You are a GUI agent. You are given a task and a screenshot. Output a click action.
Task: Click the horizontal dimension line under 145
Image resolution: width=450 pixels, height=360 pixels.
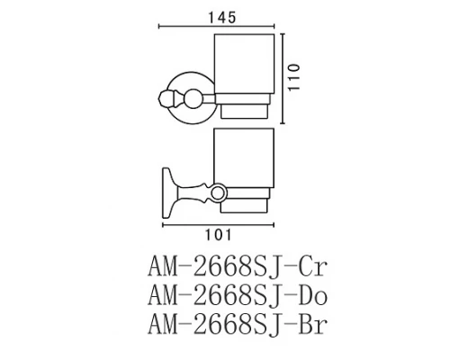216,28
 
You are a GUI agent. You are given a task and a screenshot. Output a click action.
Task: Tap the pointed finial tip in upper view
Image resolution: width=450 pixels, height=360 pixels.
160,95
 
